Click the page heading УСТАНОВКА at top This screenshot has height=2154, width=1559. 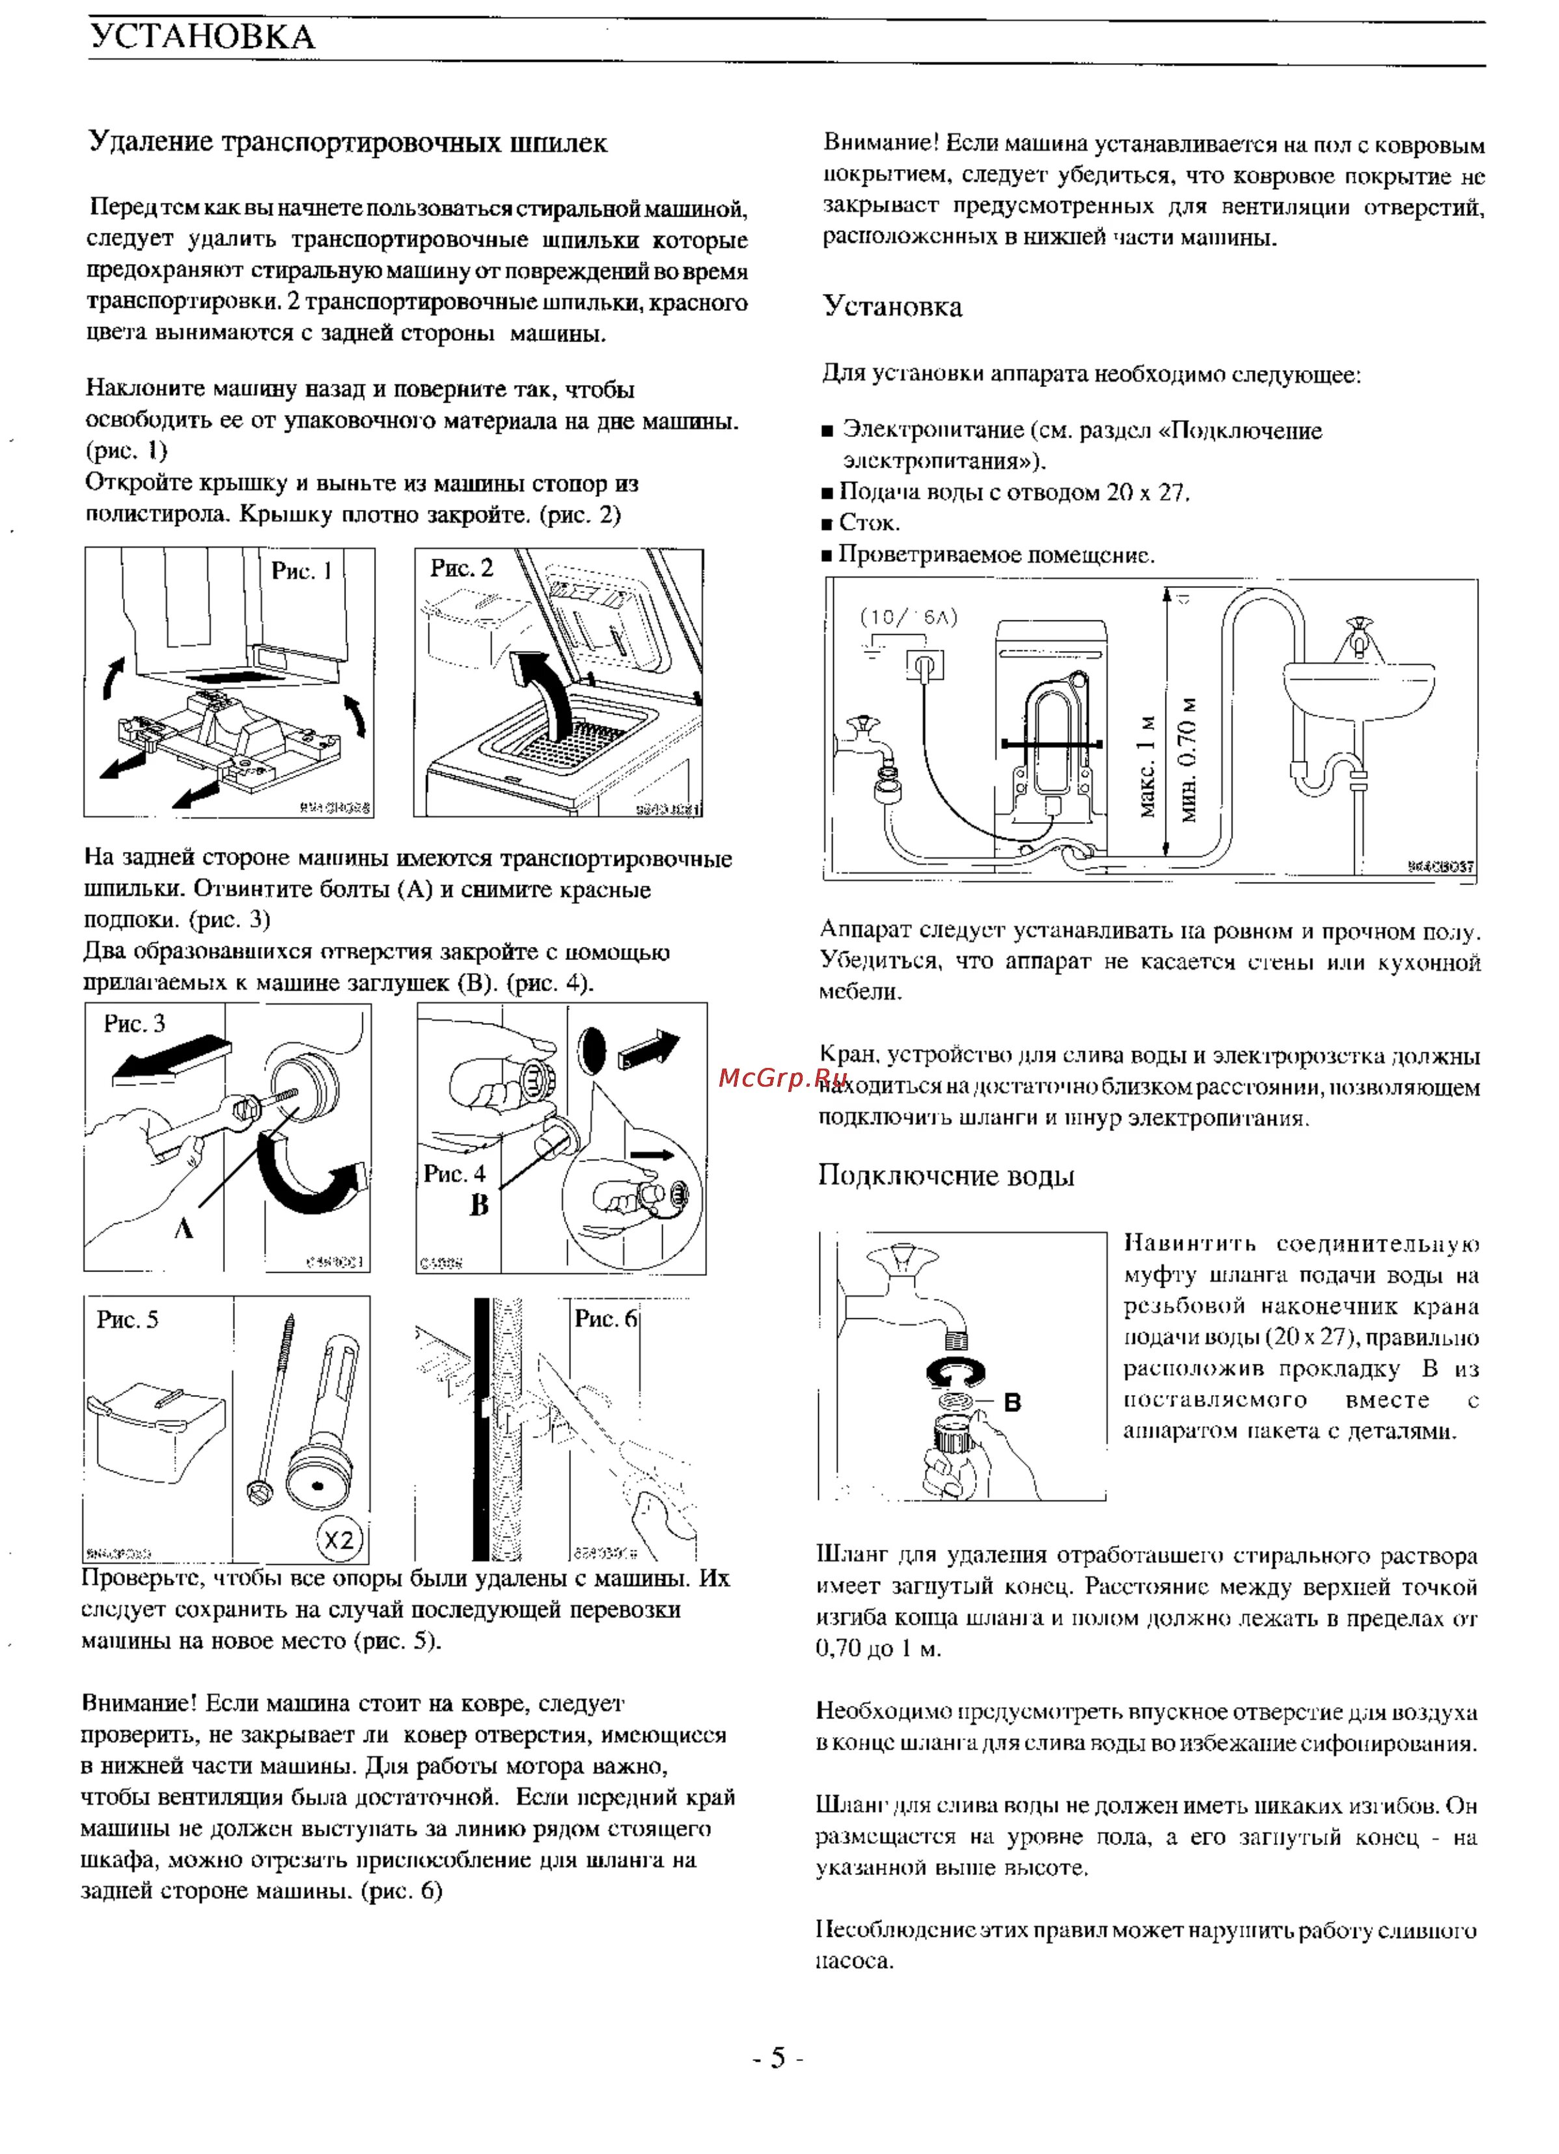point(202,37)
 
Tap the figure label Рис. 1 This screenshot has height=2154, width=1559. point(301,571)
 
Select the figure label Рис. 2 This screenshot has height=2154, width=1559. point(462,568)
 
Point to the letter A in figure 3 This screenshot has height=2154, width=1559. point(183,1228)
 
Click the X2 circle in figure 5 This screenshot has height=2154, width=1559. point(339,1539)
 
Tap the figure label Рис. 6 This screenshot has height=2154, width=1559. point(605,1318)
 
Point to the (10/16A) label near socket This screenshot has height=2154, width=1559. point(908,617)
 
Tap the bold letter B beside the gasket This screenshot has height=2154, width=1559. point(1013,1402)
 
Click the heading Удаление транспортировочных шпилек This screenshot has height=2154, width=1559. point(348,142)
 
